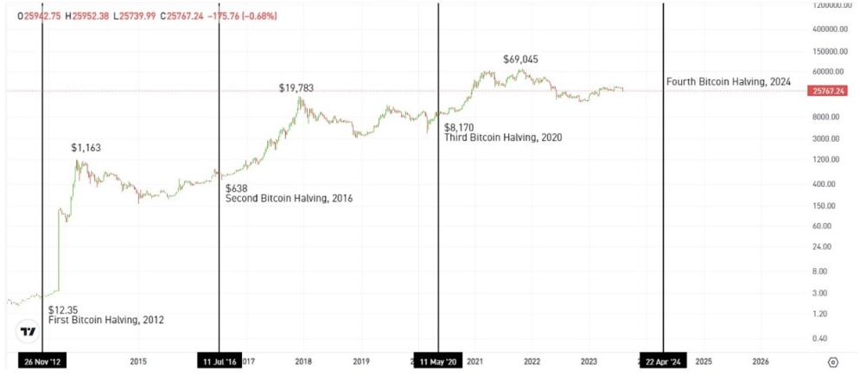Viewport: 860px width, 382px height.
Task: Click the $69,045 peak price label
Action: pyautogui.click(x=520, y=60)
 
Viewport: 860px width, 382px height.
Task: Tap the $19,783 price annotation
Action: pyautogui.click(x=296, y=88)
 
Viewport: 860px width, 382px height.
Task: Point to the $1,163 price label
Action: pyautogui.click(x=86, y=148)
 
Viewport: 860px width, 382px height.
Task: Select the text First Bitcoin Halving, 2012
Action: pyautogui.click(x=106, y=320)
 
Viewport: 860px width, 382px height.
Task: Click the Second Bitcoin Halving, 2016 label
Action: pyautogui.click(x=289, y=199)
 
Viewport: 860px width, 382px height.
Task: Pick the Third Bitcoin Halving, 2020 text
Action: pyautogui.click(x=503, y=138)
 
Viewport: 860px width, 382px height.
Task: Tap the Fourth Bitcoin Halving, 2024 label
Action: pyautogui.click(x=729, y=81)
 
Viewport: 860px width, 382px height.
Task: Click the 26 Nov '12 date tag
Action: pyautogui.click(x=41, y=361)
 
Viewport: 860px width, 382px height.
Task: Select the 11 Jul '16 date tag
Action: pyautogui.click(x=219, y=361)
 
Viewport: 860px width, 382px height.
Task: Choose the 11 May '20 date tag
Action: pyautogui.click(x=438, y=361)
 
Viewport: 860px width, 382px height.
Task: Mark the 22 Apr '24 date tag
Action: pyautogui.click(x=663, y=361)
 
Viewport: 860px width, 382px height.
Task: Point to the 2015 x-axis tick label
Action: pyautogui.click(x=138, y=361)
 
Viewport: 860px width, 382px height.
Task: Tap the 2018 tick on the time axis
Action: pyautogui.click(x=303, y=361)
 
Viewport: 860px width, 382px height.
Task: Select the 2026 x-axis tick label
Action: pyautogui.click(x=761, y=361)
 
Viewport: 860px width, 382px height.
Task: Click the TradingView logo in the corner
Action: pyautogui.click(x=28, y=332)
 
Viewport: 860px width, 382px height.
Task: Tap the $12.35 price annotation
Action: pyautogui.click(x=64, y=309)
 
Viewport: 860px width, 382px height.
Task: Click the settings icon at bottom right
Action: pyautogui.click(x=833, y=362)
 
